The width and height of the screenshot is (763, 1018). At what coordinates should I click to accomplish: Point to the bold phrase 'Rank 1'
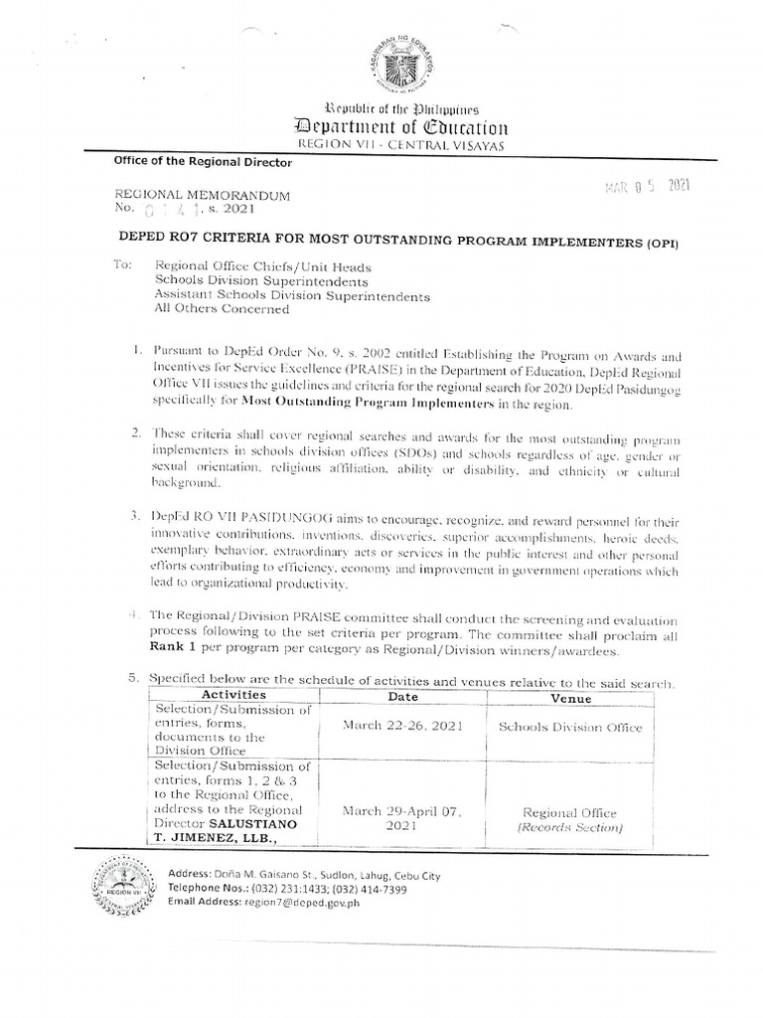176,651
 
